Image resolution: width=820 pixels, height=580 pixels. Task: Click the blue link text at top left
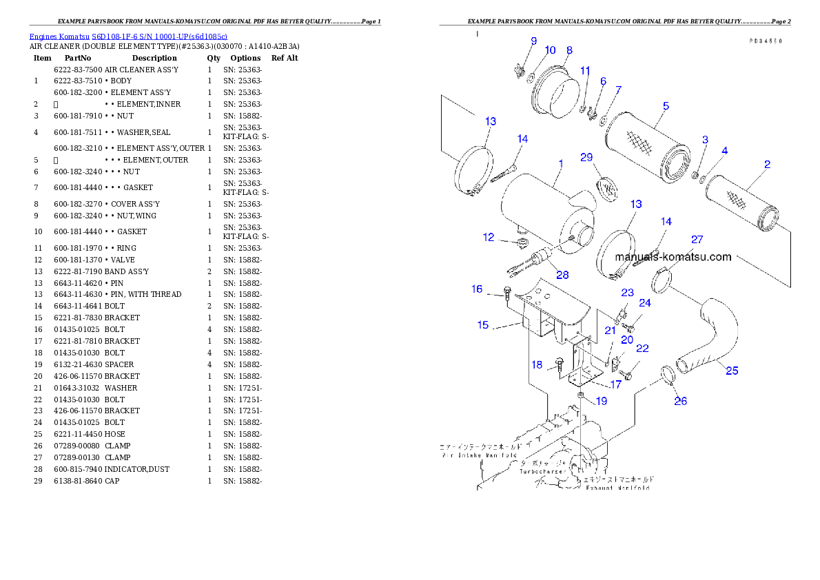point(128,36)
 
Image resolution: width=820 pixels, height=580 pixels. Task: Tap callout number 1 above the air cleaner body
point(561,165)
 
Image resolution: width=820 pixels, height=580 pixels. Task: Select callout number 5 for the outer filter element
point(666,106)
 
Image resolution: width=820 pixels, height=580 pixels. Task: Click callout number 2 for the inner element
point(767,165)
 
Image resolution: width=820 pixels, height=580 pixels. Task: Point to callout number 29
point(586,158)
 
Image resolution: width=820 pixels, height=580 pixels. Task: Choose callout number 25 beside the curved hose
point(732,371)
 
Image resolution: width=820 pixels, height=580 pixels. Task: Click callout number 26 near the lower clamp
point(680,401)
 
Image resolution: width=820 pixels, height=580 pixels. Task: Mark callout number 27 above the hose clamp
point(697,240)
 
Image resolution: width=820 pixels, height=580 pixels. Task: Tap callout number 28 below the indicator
point(563,276)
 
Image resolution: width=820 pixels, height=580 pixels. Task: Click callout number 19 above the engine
point(602,400)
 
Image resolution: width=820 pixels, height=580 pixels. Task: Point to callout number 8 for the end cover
point(569,50)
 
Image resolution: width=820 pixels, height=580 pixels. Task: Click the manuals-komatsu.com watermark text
point(673,257)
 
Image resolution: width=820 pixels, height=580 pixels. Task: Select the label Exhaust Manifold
point(617,488)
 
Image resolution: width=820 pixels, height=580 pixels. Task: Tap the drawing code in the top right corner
point(766,41)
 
